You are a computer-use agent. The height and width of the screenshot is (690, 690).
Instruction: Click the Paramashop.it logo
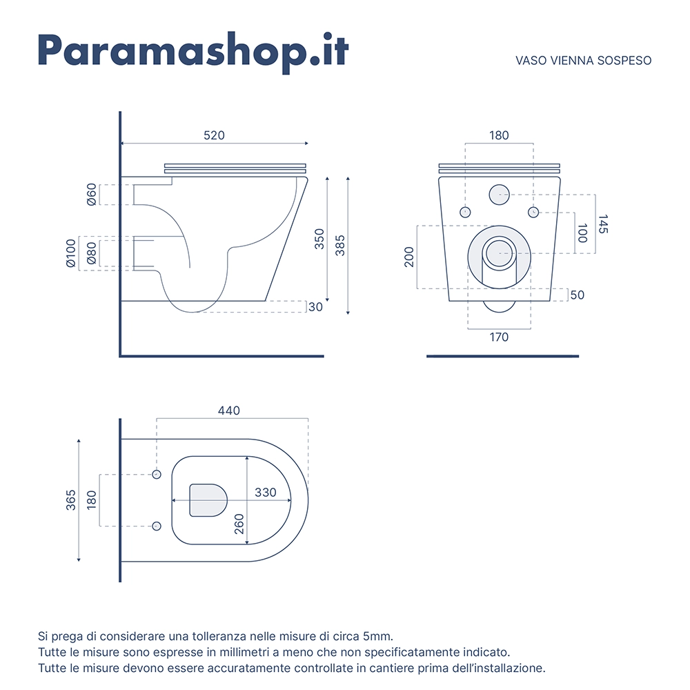[193, 52]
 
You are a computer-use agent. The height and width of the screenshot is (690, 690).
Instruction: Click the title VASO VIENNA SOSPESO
[583, 61]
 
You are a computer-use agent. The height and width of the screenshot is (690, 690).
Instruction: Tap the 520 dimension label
[214, 135]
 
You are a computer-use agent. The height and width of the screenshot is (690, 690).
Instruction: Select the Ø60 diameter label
[91, 195]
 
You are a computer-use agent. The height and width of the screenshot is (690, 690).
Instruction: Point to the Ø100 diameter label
[71, 253]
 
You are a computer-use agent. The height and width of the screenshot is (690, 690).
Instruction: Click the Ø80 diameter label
[91, 253]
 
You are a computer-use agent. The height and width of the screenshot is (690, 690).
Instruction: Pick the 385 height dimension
[339, 246]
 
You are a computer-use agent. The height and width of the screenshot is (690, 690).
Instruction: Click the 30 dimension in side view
[315, 307]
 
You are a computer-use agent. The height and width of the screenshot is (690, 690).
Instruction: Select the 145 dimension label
[603, 224]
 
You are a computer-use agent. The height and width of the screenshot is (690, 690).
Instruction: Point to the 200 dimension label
[408, 257]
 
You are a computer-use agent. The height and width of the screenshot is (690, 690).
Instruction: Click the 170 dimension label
[499, 337]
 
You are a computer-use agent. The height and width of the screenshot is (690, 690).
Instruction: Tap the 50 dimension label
[578, 295]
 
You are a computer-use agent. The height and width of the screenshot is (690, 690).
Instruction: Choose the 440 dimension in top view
[229, 411]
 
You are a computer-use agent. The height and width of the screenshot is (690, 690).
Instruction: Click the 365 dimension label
[71, 500]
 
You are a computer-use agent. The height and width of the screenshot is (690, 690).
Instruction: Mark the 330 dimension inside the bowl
[266, 493]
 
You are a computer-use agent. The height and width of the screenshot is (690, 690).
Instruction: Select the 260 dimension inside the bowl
[239, 524]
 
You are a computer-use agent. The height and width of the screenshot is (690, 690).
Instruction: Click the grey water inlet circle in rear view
[499, 195]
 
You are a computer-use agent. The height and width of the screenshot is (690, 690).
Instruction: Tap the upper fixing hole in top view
[156, 475]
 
